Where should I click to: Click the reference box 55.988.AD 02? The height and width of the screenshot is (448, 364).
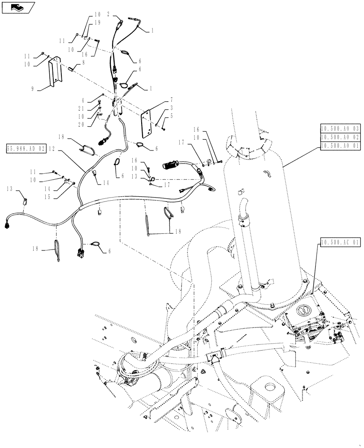[x=26, y=148]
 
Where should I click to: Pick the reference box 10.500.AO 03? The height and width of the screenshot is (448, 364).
[x=340, y=128]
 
